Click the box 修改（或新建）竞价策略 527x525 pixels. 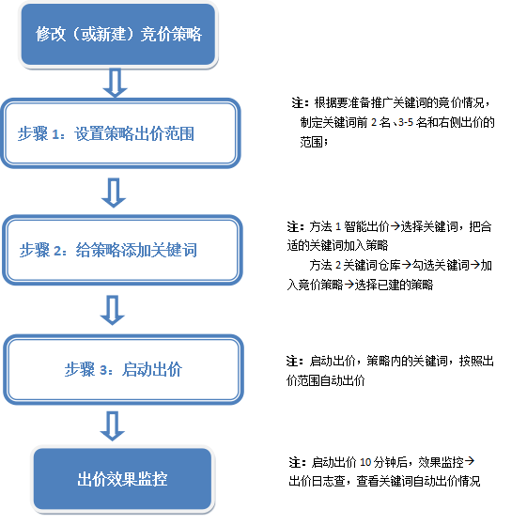coord(118,35)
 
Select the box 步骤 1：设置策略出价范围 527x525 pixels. coord(120,133)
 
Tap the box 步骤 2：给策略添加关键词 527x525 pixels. coord(122,250)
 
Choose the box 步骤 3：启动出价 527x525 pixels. coord(123,369)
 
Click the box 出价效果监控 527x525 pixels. coord(122,479)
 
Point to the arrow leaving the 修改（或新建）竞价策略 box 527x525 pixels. coord(115,83)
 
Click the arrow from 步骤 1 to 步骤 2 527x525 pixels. coord(114,193)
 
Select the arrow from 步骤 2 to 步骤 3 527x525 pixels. coord(113,310)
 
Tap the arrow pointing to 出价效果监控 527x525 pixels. coord(113,425)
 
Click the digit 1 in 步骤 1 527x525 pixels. coord(55,134)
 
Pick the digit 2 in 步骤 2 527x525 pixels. coord(57,251)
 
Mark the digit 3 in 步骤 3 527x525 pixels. coord(103,370)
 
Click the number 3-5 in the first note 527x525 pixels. coord(406,122)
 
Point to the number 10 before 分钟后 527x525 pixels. coord(365,462)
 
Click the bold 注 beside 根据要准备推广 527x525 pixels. coord(298,102)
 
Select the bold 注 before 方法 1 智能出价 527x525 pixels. coord(293,226)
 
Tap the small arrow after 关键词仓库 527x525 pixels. coord(407,265)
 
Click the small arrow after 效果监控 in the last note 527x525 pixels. coord(469,461)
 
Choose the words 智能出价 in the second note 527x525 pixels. coord(366,226)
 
